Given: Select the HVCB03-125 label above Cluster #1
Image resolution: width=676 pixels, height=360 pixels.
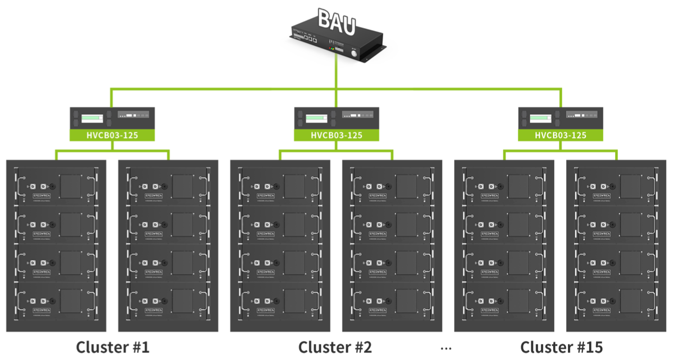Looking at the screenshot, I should point(112,135).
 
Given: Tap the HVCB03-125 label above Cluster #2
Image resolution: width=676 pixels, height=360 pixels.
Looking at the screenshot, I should point(336,135).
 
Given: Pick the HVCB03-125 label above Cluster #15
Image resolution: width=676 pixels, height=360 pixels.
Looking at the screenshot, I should point(561,135).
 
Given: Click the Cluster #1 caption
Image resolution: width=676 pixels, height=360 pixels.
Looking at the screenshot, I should point(112,347).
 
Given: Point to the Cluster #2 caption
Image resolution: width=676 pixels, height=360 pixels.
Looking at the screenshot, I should point(335,347).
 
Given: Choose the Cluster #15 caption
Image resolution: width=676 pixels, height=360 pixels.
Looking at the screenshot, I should point(561,347).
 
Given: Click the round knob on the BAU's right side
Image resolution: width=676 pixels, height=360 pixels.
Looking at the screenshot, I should point(354,52).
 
